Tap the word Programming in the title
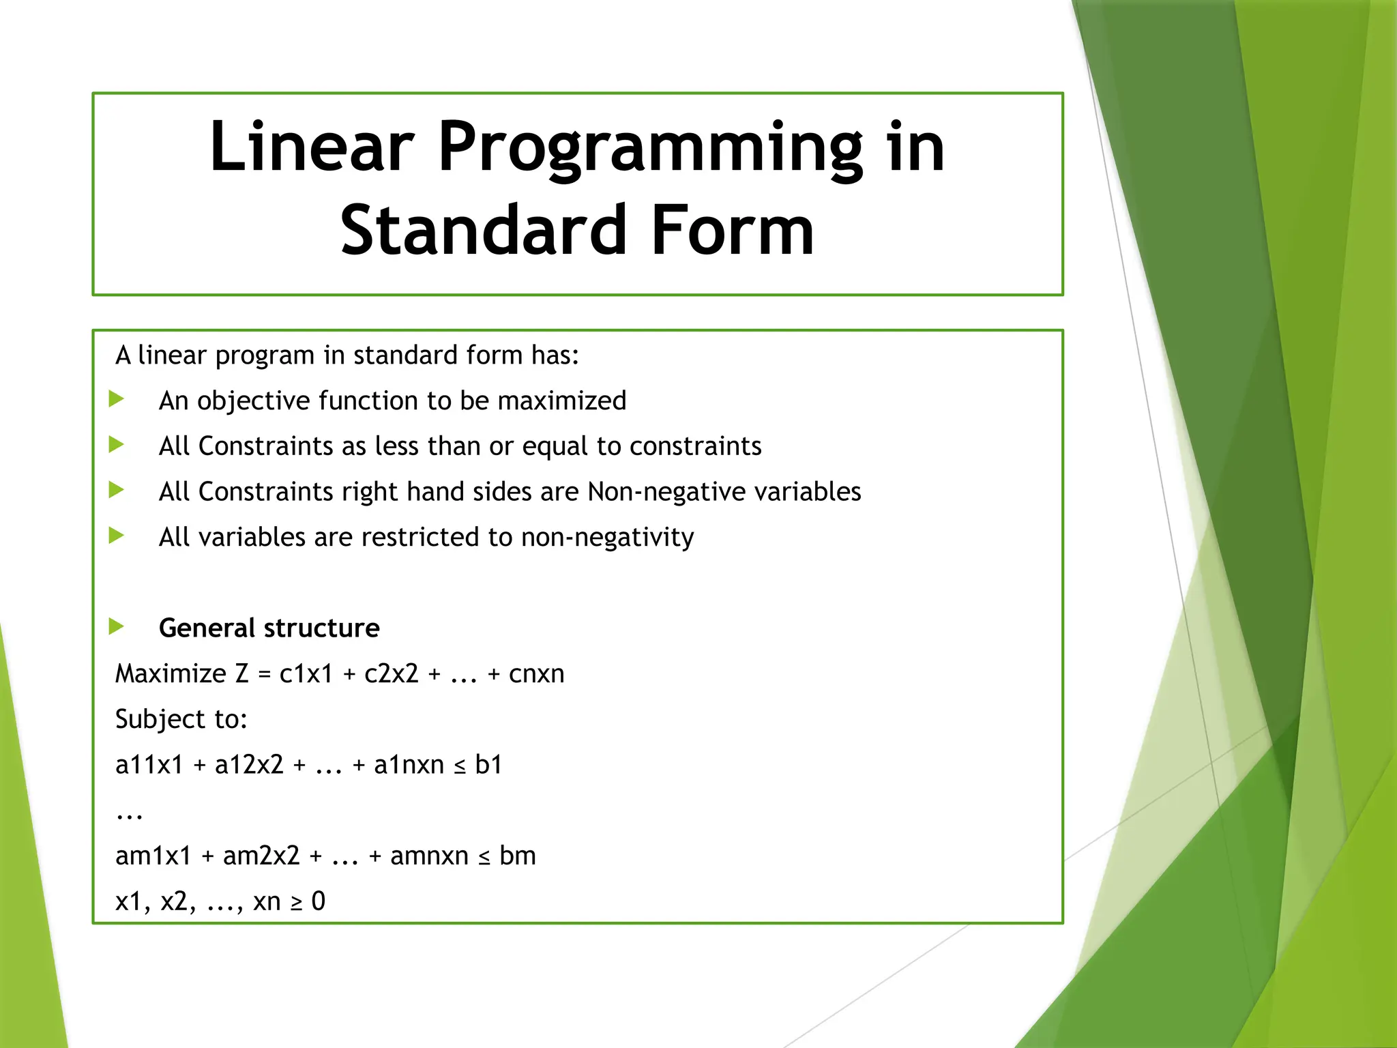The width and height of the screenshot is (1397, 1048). click(650, 149)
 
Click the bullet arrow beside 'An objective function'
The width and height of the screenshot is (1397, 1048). click(117, 398)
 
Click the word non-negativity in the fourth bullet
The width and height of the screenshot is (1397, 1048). click(607, 538)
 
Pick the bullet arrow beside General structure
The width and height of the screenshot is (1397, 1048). click(117, 626)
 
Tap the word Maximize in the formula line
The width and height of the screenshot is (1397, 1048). click(171, 673)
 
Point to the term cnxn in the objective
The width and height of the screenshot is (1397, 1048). click(536, 673)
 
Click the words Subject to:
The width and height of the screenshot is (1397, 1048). click(181, 719)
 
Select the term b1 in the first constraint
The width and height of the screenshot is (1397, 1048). click(488, 765)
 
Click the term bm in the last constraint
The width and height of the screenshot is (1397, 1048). click(517, 856)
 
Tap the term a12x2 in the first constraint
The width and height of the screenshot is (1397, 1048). click(249, 765)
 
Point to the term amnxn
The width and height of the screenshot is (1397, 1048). click(429, 856)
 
